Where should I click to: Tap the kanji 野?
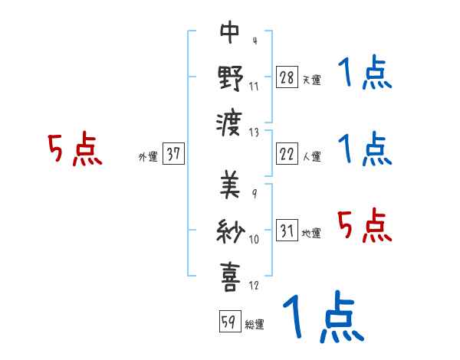point(230,78)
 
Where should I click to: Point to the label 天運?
point(311,80)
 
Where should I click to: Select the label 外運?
point(148,157)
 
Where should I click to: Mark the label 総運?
point(254,324)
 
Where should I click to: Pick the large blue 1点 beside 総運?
point(322,316)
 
